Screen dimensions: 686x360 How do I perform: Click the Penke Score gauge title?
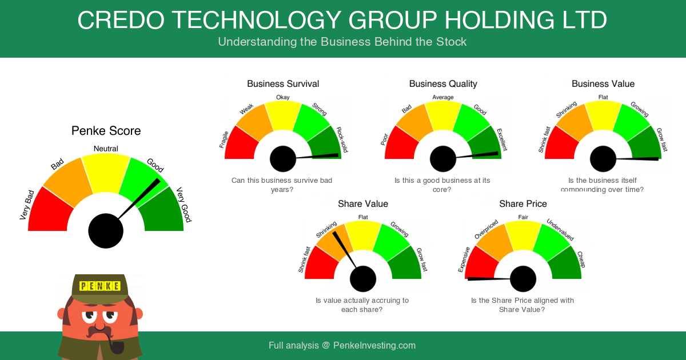point(106,131)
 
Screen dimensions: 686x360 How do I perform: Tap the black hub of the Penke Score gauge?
point(106,231)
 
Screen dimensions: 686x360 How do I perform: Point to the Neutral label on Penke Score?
point(106,149)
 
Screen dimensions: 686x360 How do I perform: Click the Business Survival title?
point(283,83)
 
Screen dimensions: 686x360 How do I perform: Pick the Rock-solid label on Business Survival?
point(342,139)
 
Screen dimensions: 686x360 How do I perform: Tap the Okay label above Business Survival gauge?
point(282,97)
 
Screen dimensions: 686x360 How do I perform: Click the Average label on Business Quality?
point(443,97)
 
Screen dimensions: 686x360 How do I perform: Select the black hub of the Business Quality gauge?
point(443,159)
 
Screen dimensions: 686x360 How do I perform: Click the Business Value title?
point(603,83)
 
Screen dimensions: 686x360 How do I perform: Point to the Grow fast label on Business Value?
point(662,139)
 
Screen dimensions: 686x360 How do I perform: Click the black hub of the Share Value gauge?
point(363,279)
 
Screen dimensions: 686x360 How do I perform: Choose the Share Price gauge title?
point(523,203)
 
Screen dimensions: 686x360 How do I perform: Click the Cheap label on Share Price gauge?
point(581,259)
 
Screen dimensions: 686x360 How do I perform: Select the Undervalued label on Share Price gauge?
point(560,230)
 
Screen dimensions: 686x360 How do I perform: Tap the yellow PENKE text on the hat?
point(99,286)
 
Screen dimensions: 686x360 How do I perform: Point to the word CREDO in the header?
point(121,20)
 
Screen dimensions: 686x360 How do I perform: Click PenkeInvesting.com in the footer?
point(374,346)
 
